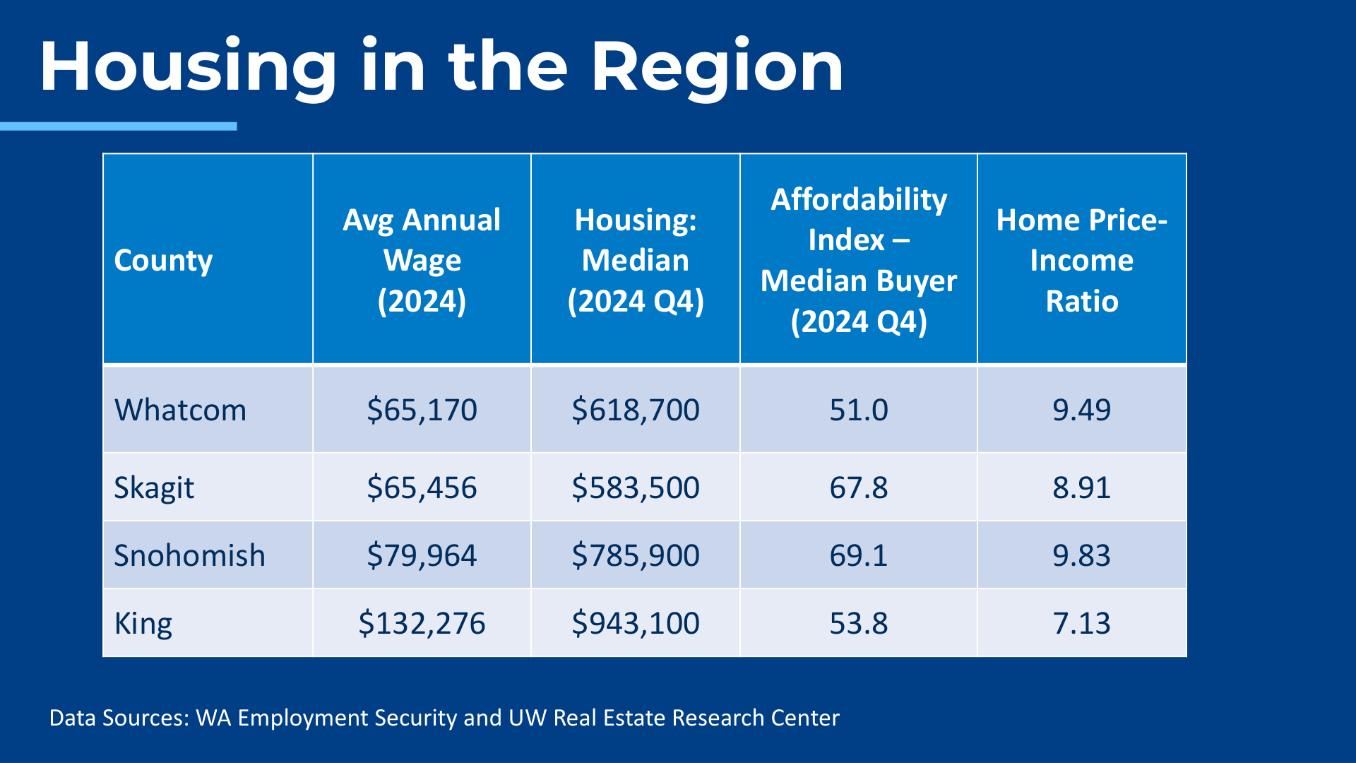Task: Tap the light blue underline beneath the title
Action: click(119, 126)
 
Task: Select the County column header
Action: click(163, 261)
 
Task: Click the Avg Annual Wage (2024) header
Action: click(422, 260)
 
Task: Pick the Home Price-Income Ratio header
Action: click(1081, 260)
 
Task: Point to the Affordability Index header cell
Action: click(858, 260)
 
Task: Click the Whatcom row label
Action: click(180, 410)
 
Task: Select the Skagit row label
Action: click(154, 488)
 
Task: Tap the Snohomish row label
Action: click(189, 556)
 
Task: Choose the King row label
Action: click(143, 624)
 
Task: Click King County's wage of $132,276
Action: click(422, 624)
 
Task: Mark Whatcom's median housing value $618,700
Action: click(635, 410)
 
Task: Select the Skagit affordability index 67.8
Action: click(858, 488)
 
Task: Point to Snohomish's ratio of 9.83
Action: click(1081, 556)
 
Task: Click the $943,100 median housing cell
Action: click(635, 624)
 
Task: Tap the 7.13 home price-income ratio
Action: click(1081, 624)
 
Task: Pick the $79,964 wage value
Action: click(422, 556)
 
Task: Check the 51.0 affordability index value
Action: click(858, 410)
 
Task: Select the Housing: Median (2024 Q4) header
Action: click(635, 260)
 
